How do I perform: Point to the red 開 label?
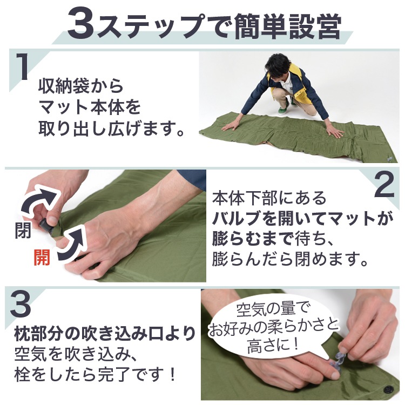coord(42,257)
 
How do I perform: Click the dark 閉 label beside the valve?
coord(23,230)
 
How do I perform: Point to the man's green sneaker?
coord(283,110)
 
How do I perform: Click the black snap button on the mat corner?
coord(388,389)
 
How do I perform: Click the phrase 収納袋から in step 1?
coord(81,86)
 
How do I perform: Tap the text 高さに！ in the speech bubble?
coord(273,346)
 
